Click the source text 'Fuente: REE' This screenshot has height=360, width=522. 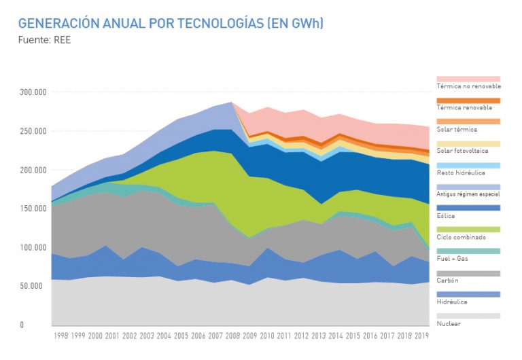click(x=44, y=39)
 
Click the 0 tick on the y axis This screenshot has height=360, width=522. click(x=41, y=325)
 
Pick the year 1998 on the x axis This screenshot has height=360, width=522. click(x=60, y=336)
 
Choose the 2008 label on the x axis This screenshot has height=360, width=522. click(x=231, y=336)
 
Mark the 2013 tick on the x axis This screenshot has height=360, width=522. click(x=317, y=336)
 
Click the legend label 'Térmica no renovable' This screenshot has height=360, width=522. click(x=468, y=86)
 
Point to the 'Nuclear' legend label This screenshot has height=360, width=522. click(x=449, y=323)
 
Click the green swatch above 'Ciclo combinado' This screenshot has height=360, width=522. click(x=468, y=230)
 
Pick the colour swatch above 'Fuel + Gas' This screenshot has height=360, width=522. click(x=468, y=251)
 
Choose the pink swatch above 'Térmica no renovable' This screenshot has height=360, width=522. click(x=468, y=79)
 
